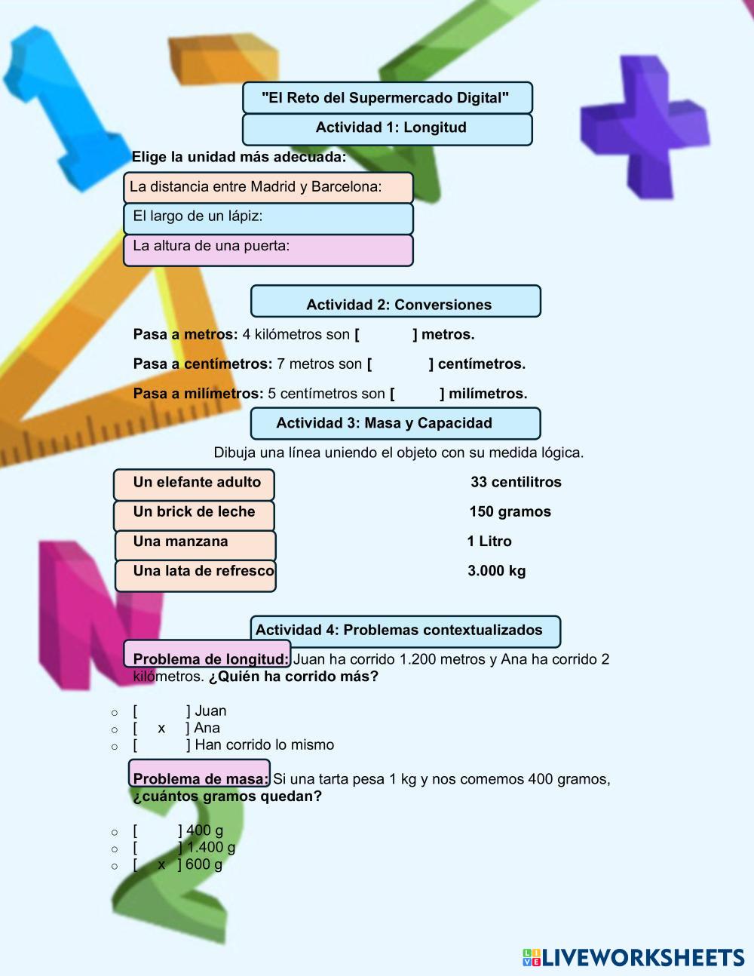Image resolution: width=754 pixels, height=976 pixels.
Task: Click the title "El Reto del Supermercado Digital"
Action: [387, 98]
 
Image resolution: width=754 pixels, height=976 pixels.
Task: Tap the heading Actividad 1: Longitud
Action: [387, 128]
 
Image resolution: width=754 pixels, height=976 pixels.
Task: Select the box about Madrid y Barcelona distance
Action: [268, 187]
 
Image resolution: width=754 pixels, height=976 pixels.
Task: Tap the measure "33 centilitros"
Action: [516, 483]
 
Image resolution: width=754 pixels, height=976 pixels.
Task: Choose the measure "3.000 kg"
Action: [497, 571]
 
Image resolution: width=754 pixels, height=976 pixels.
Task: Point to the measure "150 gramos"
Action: [510, 512]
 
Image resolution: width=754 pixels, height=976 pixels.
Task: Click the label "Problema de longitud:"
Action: [210, 658]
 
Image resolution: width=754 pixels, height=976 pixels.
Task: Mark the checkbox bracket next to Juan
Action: [161, 711]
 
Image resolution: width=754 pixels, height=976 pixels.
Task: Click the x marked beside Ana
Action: [161, 728]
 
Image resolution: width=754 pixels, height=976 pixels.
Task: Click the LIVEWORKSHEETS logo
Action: [633, 958]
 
